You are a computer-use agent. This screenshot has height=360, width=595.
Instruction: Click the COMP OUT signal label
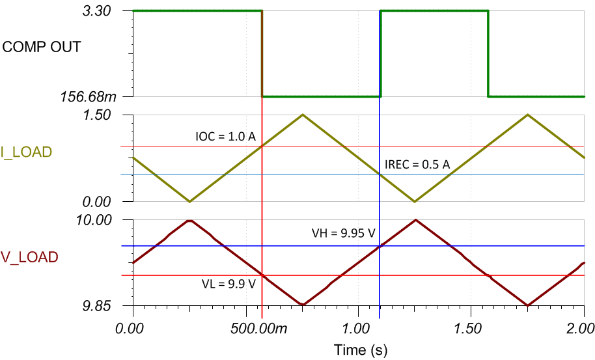pos(42,47)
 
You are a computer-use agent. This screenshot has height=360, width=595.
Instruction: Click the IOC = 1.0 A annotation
pos(225,137)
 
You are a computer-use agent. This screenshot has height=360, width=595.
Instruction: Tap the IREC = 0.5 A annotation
pos(417,165)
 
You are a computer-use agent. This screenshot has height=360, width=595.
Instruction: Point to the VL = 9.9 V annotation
pos(228,284)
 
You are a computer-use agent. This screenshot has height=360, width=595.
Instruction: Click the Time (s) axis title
pos(360,350)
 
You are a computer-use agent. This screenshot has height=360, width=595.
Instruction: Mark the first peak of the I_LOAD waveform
pos(302,115)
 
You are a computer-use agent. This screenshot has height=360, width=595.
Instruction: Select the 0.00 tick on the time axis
pos(133,324)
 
